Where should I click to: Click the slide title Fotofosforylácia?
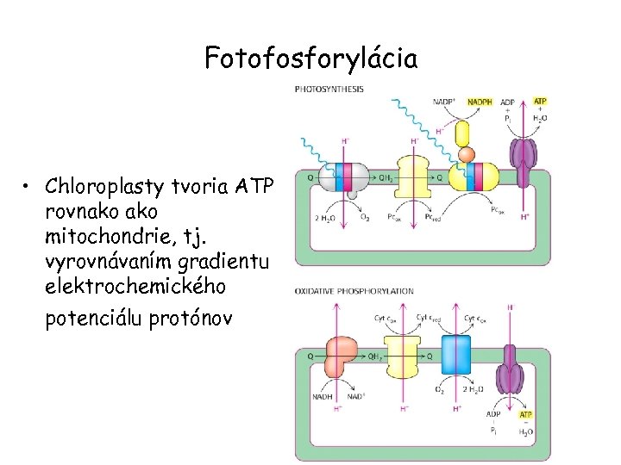click(310, 59)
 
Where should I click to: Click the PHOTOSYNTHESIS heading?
click(329, 89)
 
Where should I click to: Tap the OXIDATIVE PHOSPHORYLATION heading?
click(354, 291)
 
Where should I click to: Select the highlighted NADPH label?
click(480, 102)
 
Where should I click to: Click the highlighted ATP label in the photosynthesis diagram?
click(540, 101)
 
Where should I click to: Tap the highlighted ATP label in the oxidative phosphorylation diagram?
click(525, 415)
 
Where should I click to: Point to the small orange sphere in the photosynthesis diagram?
click(467, 155)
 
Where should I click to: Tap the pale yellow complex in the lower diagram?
click(403, 359)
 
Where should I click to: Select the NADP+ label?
click(446, 102)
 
